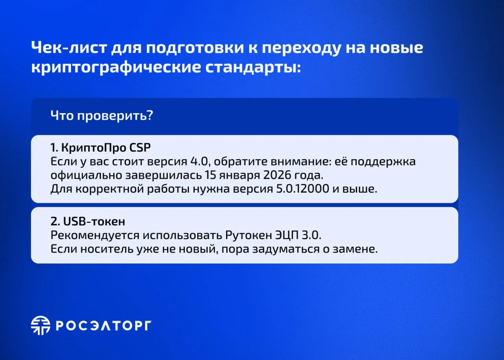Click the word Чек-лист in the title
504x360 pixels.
pyautogui.click(x=69, y=48)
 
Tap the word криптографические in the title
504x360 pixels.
pyautogui.click(x=116, y=67)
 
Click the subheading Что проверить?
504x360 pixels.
pyautogui.click(x=102, y=116)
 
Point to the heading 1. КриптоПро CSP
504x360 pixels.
pyautogui.click(x=100, y=148)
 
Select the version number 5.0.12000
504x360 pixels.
pyautogui.click(x=303, y=189)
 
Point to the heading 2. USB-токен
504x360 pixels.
pyautogui.click(x=88, y=221)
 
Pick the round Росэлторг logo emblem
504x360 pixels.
pyautogui.click(x=41, y=325)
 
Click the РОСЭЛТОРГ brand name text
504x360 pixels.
pyautogui.click(x=104, y=326)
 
